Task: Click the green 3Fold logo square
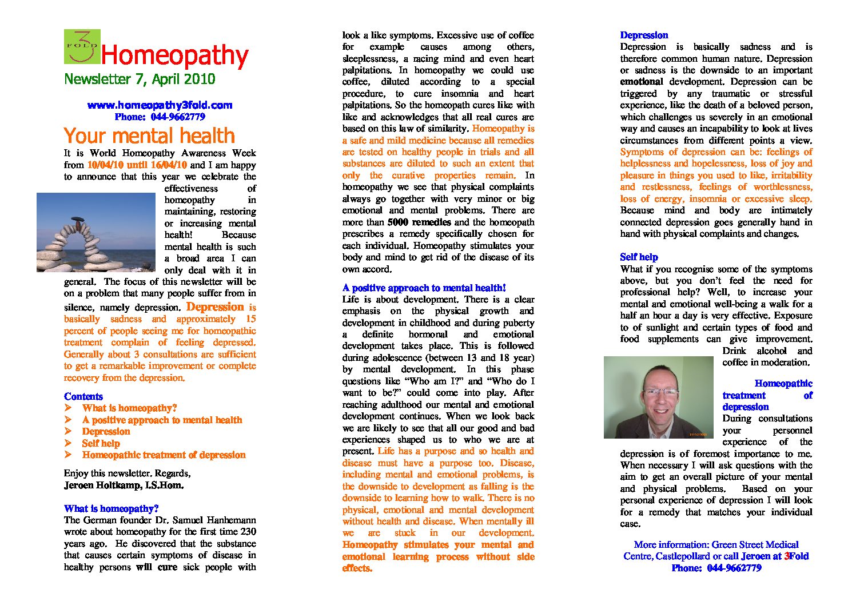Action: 82,46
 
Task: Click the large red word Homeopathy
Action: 174,55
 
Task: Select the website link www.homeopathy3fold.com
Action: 160,105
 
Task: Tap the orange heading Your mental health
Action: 149,136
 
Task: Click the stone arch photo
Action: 95,232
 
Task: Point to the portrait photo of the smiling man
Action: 658,397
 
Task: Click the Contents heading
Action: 83,396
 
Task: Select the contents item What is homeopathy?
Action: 129,408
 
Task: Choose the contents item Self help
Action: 101,443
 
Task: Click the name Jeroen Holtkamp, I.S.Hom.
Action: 124,485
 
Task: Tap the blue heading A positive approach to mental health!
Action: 424,288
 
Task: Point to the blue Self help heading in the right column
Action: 639,257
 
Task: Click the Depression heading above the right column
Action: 644,35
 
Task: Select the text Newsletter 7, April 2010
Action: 140,79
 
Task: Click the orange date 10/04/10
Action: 105,165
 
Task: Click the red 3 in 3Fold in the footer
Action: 787,556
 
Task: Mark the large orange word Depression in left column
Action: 215,307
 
